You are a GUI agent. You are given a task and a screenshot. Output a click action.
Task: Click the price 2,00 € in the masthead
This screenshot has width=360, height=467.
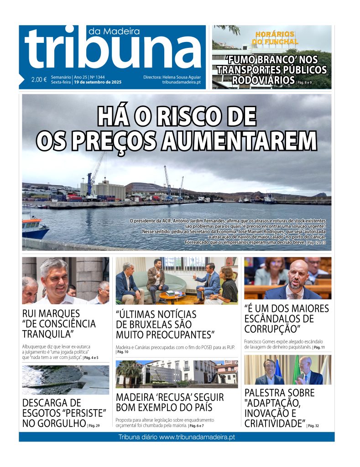(x=39, y=80)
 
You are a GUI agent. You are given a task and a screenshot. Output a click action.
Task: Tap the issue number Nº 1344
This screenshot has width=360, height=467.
(x=97, y=77)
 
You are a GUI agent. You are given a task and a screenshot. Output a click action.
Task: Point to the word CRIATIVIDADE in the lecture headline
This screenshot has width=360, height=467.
(x=274, y=423)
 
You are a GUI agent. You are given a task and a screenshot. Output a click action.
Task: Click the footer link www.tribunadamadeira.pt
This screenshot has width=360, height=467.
(x=197, y=437)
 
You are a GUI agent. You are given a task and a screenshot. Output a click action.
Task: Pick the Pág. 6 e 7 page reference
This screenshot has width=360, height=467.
(x=197, y=425)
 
